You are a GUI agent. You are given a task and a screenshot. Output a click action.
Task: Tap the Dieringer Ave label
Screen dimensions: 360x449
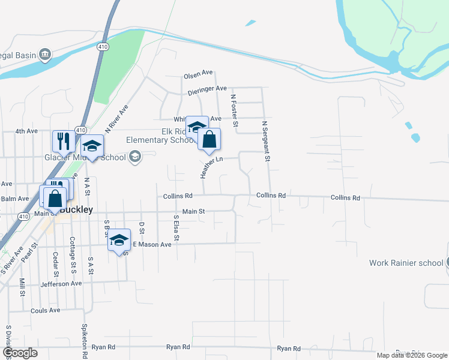206,89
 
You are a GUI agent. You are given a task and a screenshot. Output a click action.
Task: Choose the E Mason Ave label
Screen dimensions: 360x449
152,244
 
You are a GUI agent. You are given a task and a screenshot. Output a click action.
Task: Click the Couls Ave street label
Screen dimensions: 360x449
46,310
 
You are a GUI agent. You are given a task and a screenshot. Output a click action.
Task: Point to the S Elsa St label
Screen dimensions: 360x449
176,228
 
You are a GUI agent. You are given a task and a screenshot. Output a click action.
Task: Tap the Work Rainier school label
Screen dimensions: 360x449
406,263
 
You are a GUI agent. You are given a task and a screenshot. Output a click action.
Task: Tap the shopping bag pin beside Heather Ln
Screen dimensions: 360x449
209,139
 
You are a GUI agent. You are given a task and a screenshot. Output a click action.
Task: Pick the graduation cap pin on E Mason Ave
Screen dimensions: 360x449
119,240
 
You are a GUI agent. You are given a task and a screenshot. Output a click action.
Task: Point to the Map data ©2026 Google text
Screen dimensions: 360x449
411,355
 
